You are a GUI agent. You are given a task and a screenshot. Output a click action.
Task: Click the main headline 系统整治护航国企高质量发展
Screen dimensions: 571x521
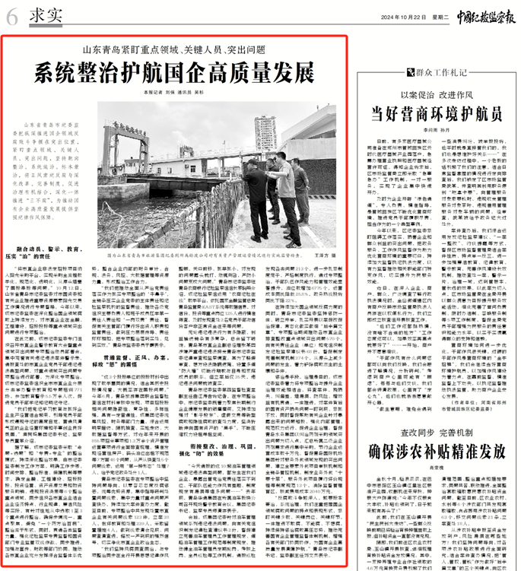(174, 74)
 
